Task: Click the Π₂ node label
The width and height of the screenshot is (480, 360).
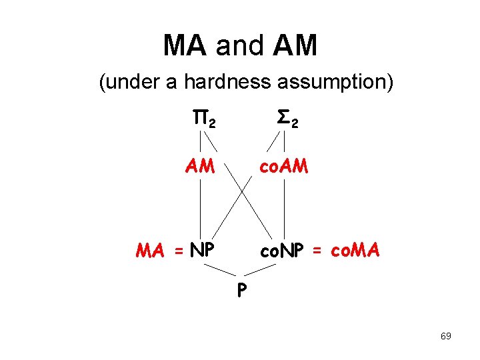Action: coord(203,121)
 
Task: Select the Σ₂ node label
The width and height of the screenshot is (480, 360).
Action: coord(287,121)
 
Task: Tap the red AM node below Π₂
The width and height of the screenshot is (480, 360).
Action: coord(201,165)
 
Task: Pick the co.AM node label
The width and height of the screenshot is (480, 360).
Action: coord(284,165)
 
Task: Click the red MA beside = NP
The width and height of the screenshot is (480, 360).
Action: coord(151,251)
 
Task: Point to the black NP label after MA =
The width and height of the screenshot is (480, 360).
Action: coord(201,251)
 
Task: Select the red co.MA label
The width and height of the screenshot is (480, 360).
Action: coord(354,251)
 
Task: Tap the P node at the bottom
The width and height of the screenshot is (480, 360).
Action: coord(240,291)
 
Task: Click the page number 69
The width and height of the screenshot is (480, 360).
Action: coord(445,336)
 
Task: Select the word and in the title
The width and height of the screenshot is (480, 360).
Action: coord(239,45)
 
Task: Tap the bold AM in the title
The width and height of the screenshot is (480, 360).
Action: coord(295,45)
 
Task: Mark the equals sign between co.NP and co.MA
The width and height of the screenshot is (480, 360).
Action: coord(317,251)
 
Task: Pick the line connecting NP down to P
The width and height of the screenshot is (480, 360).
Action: coord(219,269)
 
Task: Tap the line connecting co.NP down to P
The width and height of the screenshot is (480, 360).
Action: coord(261,269)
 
